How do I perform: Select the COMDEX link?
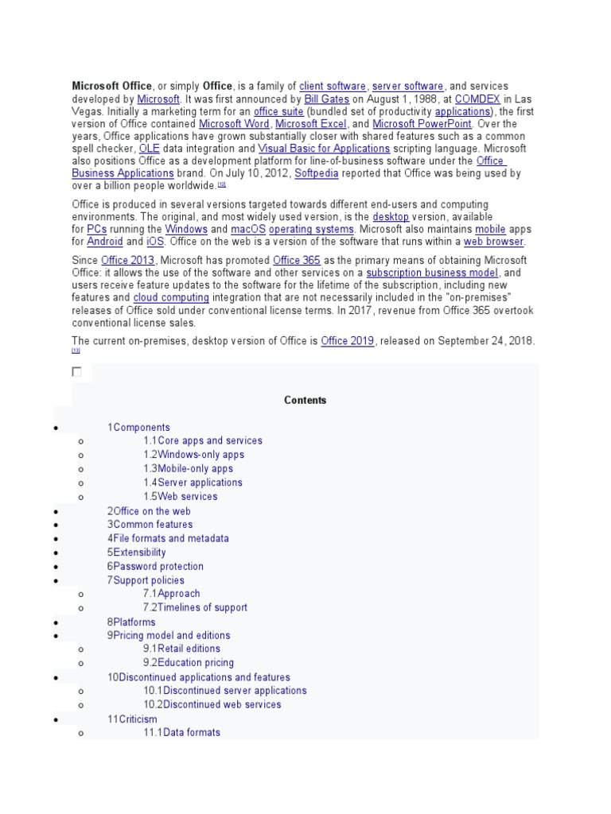pos(477,99)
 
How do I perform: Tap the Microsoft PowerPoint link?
pos(422,124)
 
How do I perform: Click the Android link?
pos(105,242)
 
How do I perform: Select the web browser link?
pos(493,242)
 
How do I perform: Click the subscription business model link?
pos(432,273)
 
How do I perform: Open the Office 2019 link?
pos(348,341)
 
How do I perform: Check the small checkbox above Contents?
pos(77,371)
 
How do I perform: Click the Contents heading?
pos(305,401)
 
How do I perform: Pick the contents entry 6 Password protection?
pos(158,566)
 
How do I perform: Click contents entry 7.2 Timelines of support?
pos(195,608)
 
